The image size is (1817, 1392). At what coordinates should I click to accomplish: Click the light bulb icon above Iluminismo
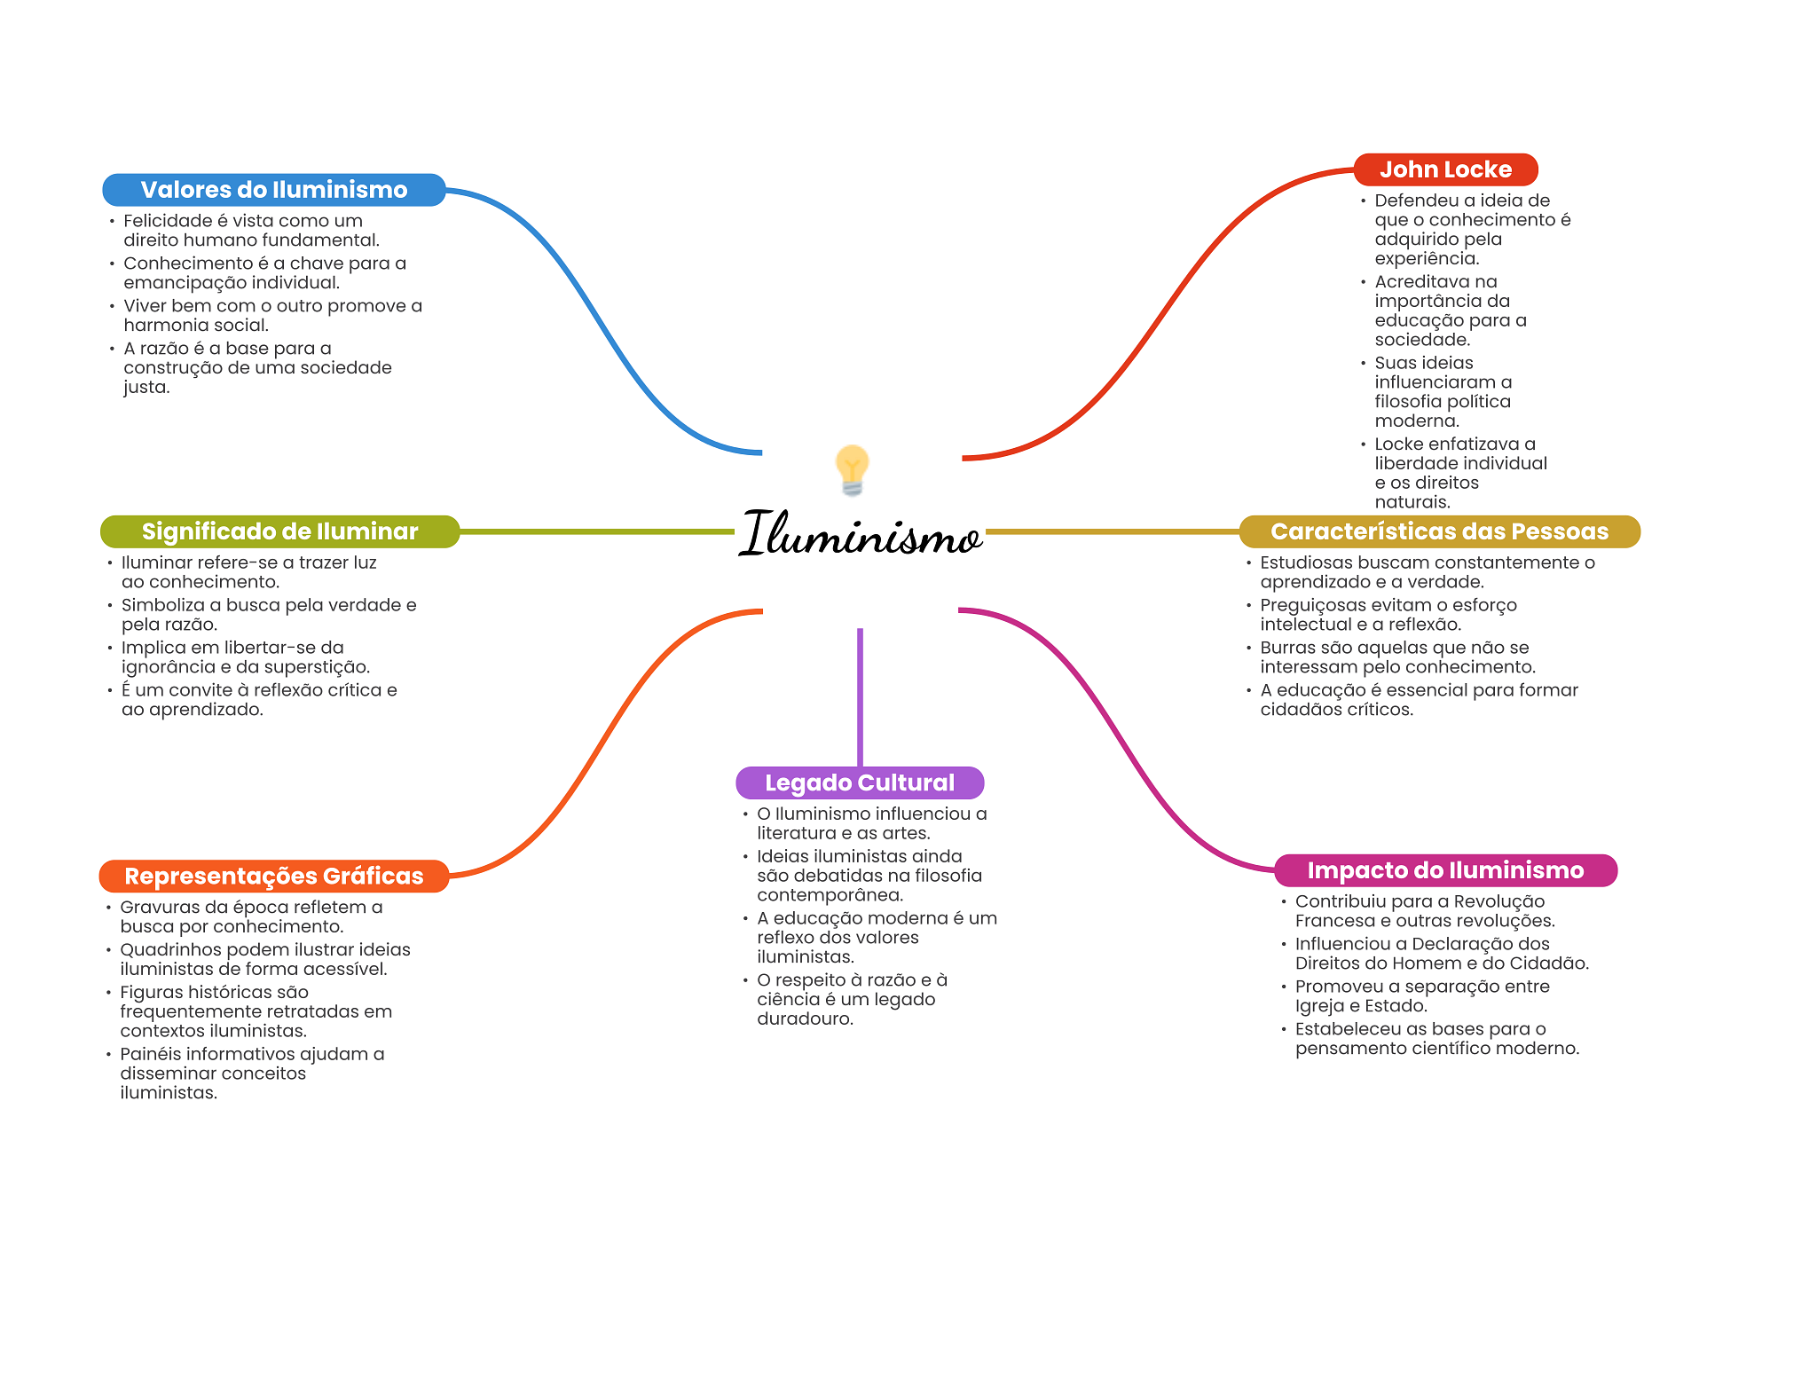852,468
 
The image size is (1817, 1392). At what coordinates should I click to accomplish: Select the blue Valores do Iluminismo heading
273,190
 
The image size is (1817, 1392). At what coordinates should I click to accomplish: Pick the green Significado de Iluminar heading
279,531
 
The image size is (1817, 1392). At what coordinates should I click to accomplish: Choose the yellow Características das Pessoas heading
1438,531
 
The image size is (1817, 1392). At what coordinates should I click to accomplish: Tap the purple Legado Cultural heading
859,783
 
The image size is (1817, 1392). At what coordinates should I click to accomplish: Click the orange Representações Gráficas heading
273,876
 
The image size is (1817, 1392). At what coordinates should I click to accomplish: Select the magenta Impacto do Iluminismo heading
1444,870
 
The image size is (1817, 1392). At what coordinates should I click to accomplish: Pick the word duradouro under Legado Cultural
805,1018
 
